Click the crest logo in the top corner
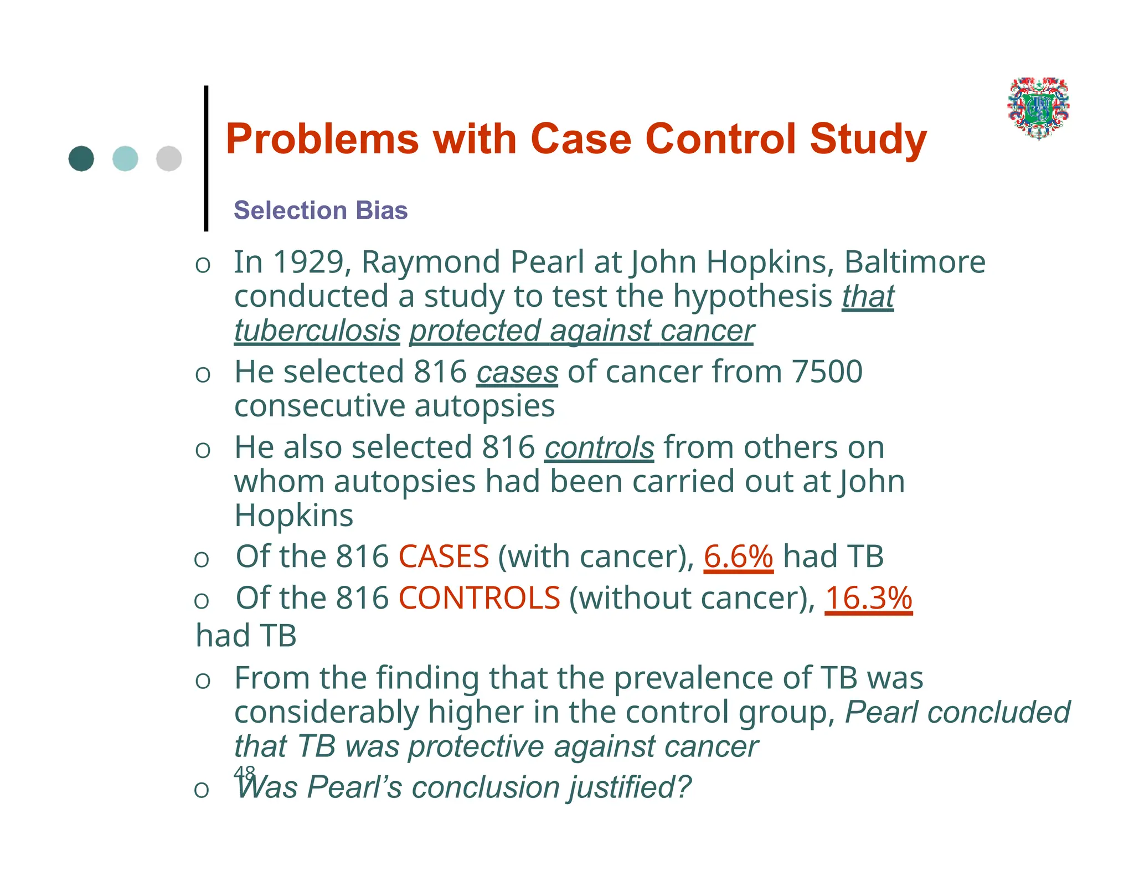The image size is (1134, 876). coord(1038,108)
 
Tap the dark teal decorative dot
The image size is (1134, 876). coord(81,159)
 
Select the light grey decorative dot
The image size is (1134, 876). coord(169,159)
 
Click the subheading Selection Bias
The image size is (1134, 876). coord(321,211)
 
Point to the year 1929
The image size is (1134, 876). coord(308,262)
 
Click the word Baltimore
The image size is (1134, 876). coord(914,262)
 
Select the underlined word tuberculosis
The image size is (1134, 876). coord(317,331)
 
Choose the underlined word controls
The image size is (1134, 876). coord(599,448)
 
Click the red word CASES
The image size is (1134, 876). coord(444,556)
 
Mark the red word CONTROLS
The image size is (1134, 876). coord(479,599)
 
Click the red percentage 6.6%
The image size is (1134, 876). coord(738,556)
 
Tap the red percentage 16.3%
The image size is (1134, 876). coord(868,599)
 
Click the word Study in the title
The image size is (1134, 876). coord(868,139)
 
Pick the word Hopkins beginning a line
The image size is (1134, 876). coord(293,516)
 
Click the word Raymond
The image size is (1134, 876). coord(431,262)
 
